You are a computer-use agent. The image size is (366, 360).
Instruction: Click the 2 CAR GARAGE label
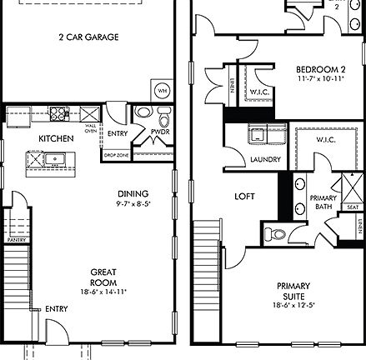coord(88,37)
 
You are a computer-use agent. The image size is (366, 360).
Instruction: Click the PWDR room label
coord(160,132)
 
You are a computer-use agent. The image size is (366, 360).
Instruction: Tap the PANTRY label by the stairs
coord(13,238)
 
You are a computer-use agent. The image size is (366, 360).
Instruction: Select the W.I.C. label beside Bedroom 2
coord(257,91)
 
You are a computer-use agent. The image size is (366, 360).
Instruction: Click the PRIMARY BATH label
coord(322,202)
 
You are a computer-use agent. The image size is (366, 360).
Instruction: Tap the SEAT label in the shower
coord(353,207)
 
